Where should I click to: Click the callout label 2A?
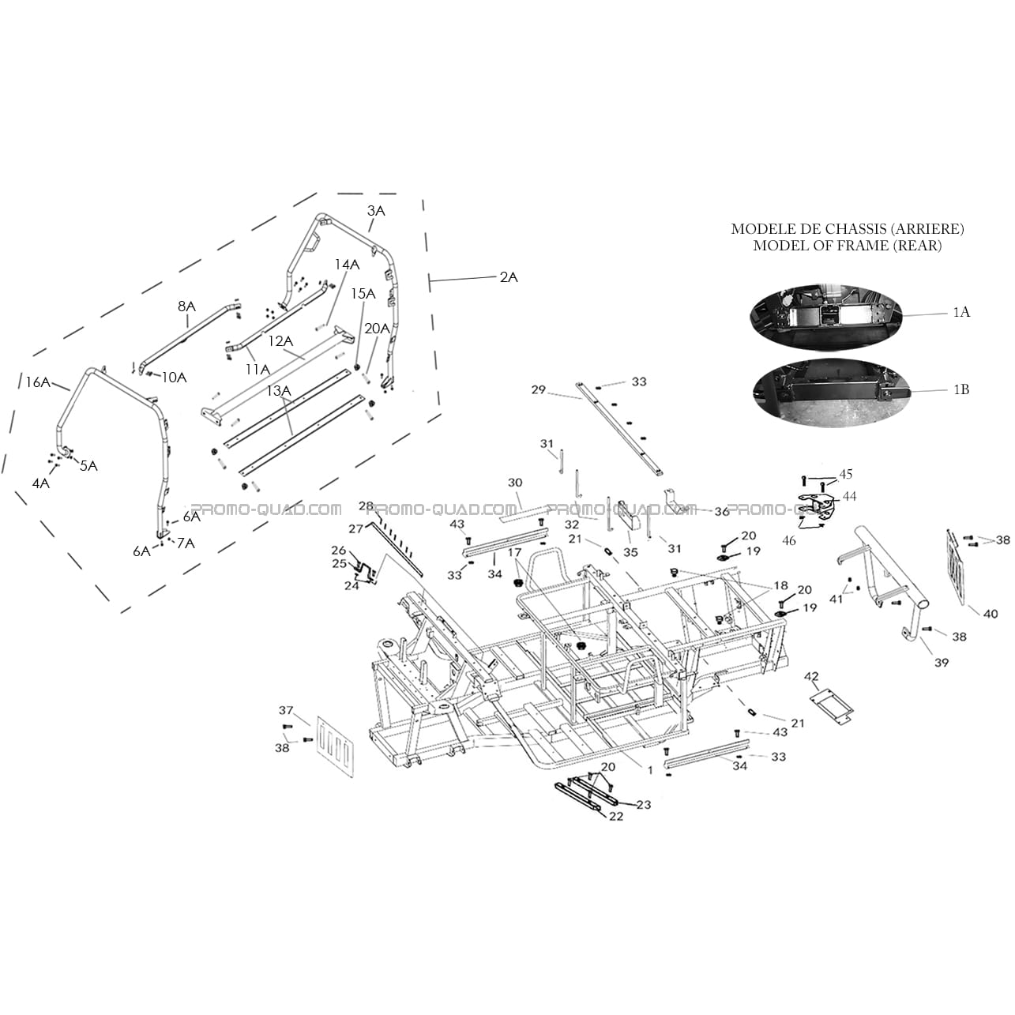[x=509, y=277]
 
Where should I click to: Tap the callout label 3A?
[x=376, y=211]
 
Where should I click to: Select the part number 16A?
[x=38, y=382]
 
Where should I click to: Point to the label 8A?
[x=186, y=306]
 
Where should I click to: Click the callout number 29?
[x=539, y=390]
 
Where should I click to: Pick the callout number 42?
[x=812, y=676]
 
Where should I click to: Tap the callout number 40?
[x=991, y=613]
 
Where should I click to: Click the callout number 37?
[x=285, y=711]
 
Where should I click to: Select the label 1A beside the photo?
[x=961, y=312]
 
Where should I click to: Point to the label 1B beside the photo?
[x=961, y=389]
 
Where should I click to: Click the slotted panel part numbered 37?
[x=335, y=746]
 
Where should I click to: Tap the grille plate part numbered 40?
[x=957, y=566]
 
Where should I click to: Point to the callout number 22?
[x=616, y=817]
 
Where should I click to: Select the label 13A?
[x=279, y=391]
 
